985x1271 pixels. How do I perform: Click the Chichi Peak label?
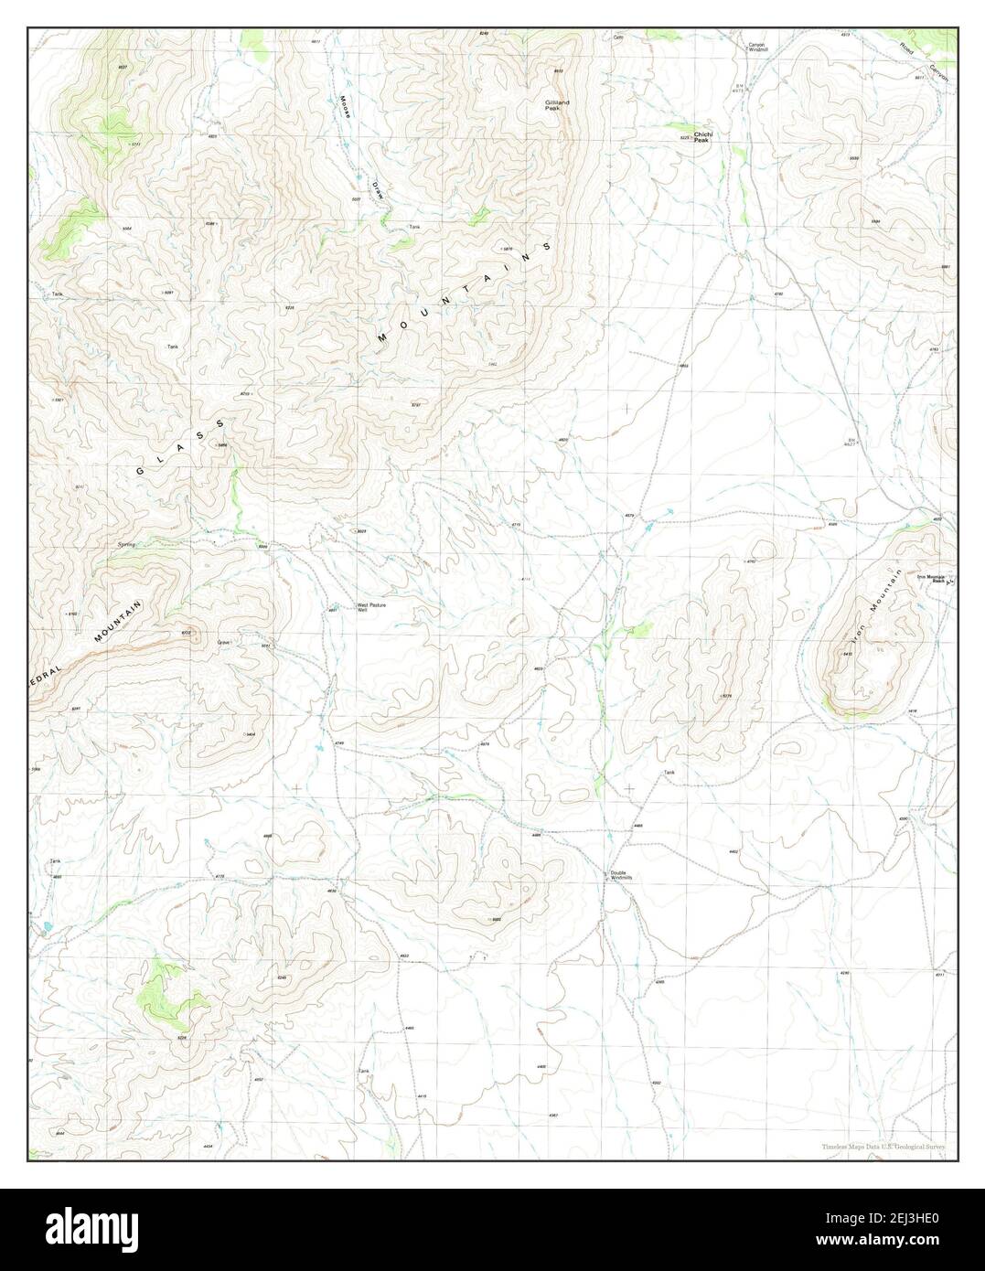(701, 137)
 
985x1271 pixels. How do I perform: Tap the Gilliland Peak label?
(557, 105)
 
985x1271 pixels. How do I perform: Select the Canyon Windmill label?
(756, 47)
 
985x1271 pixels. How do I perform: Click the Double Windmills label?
(622, 875)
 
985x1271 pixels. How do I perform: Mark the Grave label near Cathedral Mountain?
(223, 643)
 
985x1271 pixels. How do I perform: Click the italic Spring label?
(126, 544)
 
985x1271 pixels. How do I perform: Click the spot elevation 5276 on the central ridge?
(728, 696)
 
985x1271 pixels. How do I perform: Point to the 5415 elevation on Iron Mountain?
(847, 654)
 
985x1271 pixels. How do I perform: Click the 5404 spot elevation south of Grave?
(250, 734)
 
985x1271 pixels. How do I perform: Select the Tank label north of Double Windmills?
(669, 774)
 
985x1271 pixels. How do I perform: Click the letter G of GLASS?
(140, 471)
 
